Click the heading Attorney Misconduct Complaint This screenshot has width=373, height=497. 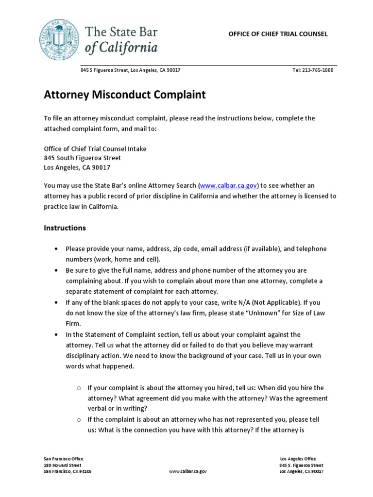click(125, 95)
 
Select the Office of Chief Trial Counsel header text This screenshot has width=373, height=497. click(278, 34)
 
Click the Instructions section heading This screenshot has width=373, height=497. click(65, 228)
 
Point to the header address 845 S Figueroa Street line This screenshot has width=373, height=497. click(131, 70)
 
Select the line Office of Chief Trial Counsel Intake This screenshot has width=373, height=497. click(95, 149)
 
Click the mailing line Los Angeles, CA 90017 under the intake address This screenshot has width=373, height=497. click(77, 167)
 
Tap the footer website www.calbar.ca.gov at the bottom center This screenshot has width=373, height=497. click(188, 471)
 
